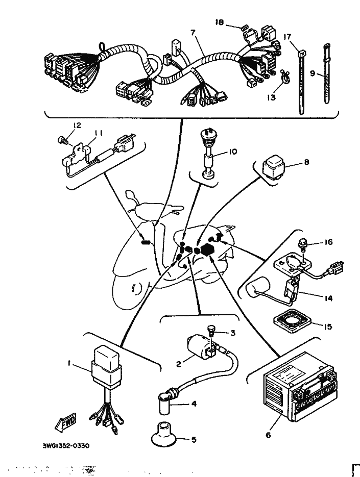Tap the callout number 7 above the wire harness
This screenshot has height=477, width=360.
[x=193, y=33]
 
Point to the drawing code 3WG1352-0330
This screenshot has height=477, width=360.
[x=66, y=445]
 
